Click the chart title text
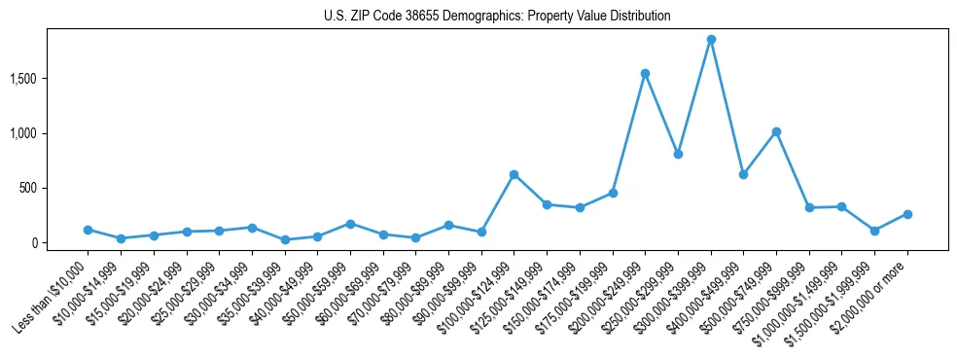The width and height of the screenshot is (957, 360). click(x=497, y=17)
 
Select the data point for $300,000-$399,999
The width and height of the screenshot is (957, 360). click(x=711, y=40)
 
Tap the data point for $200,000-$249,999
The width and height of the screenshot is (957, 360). click(x=645, y=74)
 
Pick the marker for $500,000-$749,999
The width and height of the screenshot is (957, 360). click(x=776, y=131)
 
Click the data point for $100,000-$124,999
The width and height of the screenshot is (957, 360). click(x=514, y=174)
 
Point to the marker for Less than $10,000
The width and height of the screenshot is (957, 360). click(x=88, y=230)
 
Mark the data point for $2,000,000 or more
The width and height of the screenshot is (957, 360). click(x=907, y=214)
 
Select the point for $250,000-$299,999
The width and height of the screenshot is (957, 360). click(x=678, y=154)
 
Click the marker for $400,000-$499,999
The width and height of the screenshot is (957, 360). click(x=743, y=174)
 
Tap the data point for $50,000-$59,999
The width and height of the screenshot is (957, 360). click(x=350, y=224)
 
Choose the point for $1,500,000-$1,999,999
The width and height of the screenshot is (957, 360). click(x=874, y=231)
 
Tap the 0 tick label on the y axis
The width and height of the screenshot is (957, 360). click(x=59, y=243)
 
